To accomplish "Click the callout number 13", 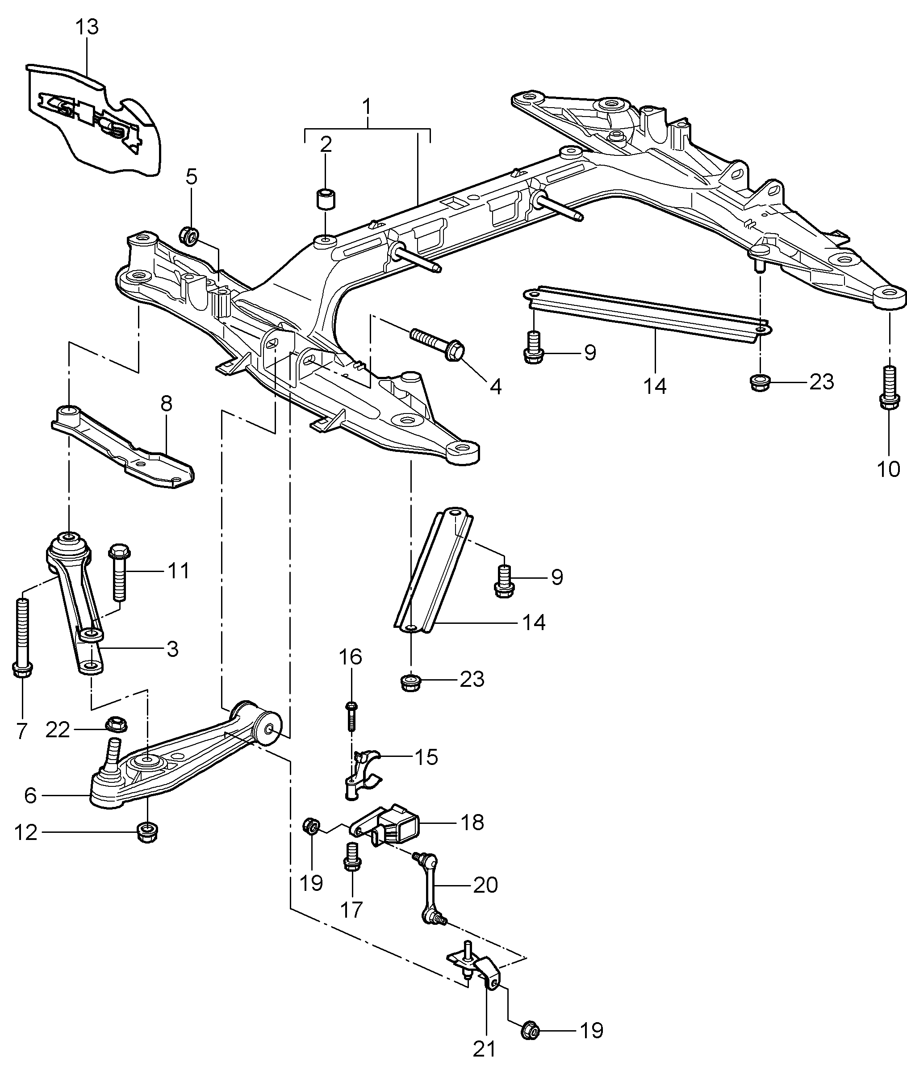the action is pos(87,27).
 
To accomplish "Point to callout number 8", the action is pos(166,403).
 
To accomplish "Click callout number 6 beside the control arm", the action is pos(30,795).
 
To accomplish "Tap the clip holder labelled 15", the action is pos(362,776).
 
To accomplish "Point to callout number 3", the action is pos(173,649).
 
